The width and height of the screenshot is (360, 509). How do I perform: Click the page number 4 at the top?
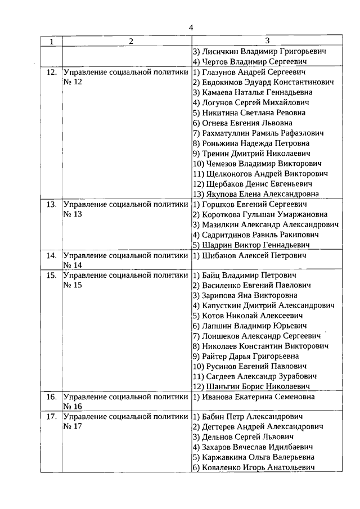point(191,28)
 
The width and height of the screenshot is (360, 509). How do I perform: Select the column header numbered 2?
point(130,41)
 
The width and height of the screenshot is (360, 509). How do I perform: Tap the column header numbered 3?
point(267,40)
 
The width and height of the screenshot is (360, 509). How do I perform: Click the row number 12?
point(51,73)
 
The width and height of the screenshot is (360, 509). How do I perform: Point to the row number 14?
point(51,255)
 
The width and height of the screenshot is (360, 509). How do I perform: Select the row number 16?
point(51,397)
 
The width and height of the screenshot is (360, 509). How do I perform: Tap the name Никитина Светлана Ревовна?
point(250,112)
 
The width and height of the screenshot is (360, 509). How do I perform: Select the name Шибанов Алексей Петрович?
point(249,255)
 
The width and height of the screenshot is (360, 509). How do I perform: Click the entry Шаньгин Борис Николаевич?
point(251,386)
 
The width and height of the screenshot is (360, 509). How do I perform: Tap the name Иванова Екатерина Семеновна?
point(253,397)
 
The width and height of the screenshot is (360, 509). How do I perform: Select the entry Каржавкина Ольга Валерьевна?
point(253,457)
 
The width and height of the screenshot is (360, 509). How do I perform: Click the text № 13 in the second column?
point(73,214)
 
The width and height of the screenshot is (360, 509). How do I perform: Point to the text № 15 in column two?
point(73,285)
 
